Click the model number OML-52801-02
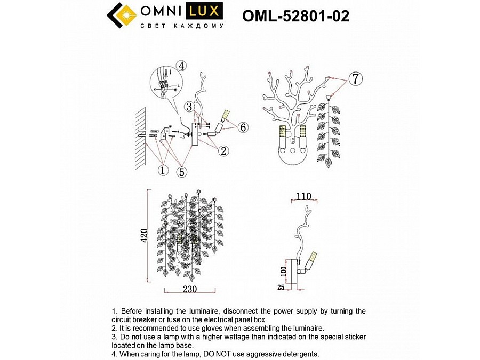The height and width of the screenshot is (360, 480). (295, 17)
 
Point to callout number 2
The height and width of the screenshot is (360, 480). (223, 151)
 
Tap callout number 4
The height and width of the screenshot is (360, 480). (182, 66)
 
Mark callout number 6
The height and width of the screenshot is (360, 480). (243, 127)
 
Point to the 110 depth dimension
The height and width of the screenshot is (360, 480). (303, 196)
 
